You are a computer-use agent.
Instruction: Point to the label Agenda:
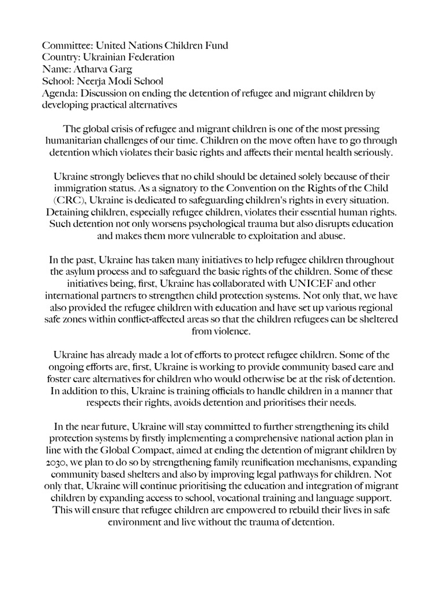click(60, 93)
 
